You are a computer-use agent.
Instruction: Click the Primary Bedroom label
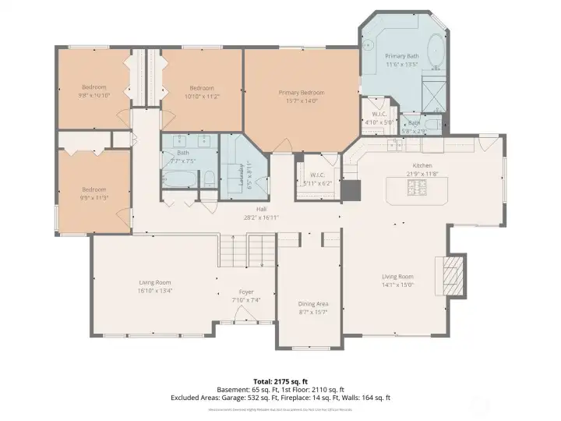click(x=302, y=93)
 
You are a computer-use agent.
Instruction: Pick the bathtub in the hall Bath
click(x=178, y=180)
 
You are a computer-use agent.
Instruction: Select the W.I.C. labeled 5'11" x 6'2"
click(x=316, y=179)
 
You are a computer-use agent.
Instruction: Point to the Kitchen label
click(x=422, y=165)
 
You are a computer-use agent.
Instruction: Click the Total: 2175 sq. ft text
click(x=280, y=380)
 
